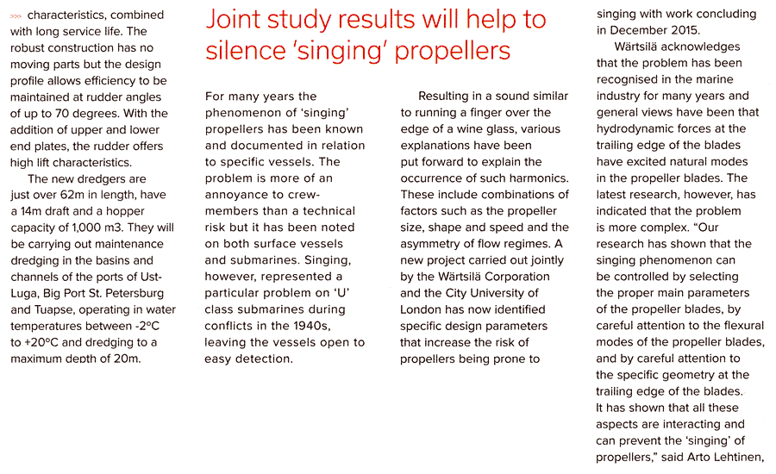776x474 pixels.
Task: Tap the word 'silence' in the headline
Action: pyautogui.click(x=244, y=53)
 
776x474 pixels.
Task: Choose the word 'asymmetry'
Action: pyautogui.click(x=436, y=244)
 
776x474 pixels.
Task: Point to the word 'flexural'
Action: pyautogui.click(x=739, y=326)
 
